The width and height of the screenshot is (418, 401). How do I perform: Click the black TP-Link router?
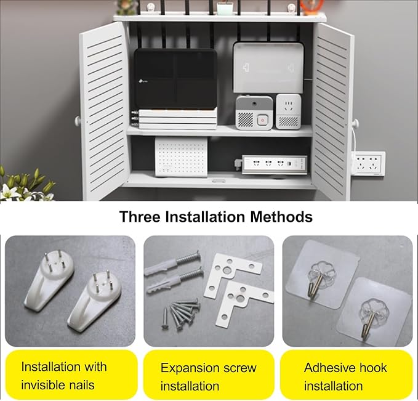175,79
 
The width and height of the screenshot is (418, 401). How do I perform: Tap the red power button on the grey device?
262,120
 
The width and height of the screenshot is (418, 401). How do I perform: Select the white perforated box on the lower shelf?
181,157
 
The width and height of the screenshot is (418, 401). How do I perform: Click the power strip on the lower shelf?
274,164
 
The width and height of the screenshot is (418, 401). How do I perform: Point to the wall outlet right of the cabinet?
369,163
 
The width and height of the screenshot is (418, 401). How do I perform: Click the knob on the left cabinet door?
78,121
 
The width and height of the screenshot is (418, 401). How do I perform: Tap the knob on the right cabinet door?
355,123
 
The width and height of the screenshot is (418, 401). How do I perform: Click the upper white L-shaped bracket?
233,275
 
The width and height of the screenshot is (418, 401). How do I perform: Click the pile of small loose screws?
181,312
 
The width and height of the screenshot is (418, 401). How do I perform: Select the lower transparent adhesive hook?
373,311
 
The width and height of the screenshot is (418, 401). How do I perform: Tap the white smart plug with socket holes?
289,111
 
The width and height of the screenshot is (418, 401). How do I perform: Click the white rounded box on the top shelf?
268,67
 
